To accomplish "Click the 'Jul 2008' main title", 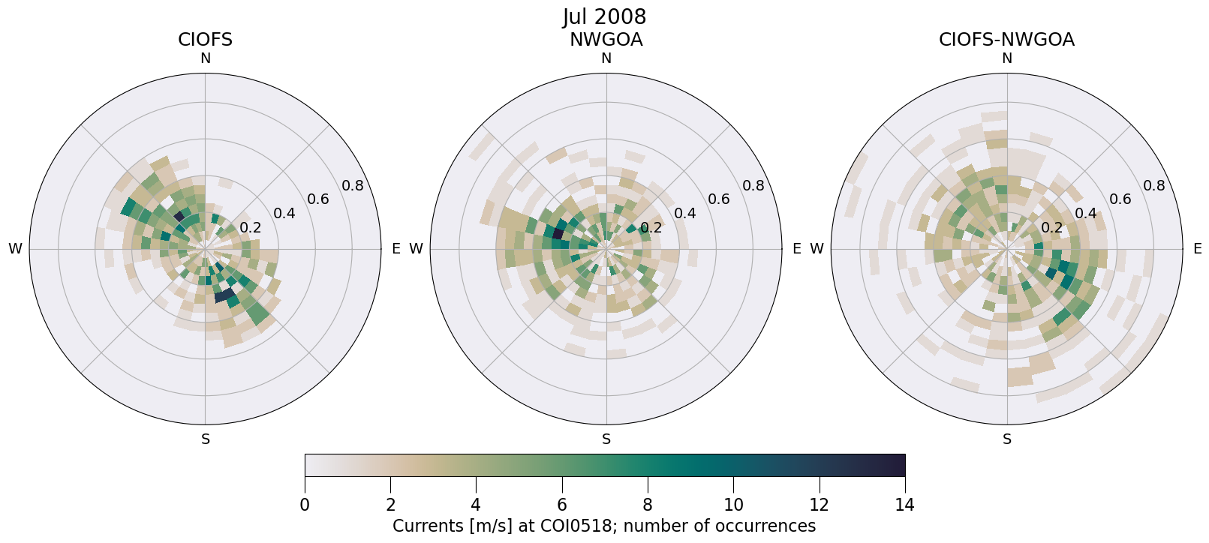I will [604, 16].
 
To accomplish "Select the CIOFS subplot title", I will [205, 40].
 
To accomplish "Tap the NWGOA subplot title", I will [606, 40].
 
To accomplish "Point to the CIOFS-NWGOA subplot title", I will [1006, 40].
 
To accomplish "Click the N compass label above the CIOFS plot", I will [205, 58].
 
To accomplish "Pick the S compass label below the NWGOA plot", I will [606, 439].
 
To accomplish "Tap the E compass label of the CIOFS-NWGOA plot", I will [1198, 249].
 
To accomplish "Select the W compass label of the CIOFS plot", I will [15, 249].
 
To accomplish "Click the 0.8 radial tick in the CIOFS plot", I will [353, 185].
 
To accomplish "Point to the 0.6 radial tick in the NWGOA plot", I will [719, 199].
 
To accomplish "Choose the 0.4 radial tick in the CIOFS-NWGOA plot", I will [1086, 213].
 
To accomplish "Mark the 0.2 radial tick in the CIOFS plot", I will [251, 228].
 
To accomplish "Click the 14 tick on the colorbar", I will [904, 505].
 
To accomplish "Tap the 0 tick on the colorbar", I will [305, 505].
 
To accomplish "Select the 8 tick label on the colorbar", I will [648, 505].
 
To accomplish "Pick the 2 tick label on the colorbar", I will [390, 505].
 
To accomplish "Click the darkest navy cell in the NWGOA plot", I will [558, 234].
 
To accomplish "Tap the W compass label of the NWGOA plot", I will [416, 249].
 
